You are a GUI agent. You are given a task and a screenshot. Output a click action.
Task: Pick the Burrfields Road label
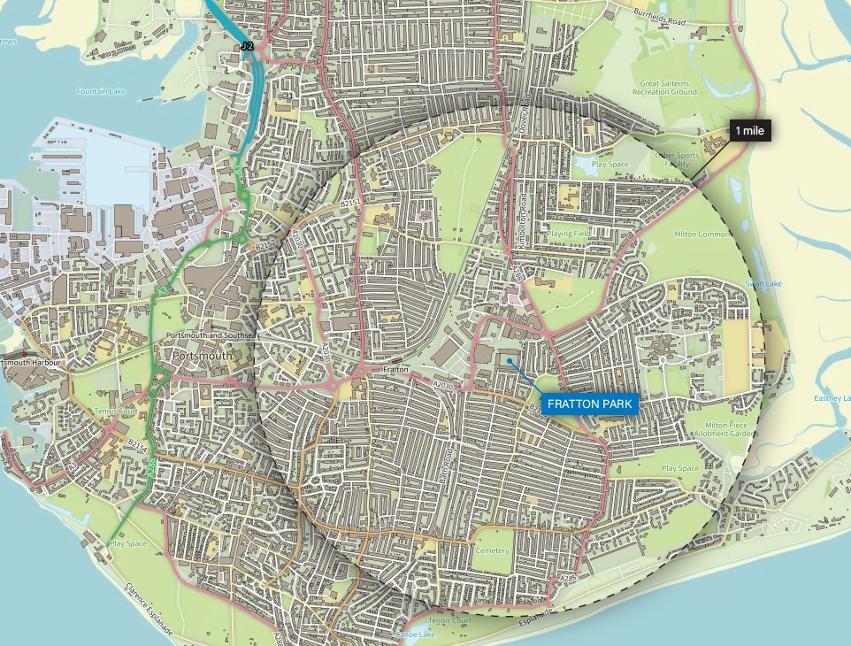662,17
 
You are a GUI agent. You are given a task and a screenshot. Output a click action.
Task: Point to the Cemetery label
492,550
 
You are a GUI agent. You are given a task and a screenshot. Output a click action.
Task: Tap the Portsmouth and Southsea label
210,336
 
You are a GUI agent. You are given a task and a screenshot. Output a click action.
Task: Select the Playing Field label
569,234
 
